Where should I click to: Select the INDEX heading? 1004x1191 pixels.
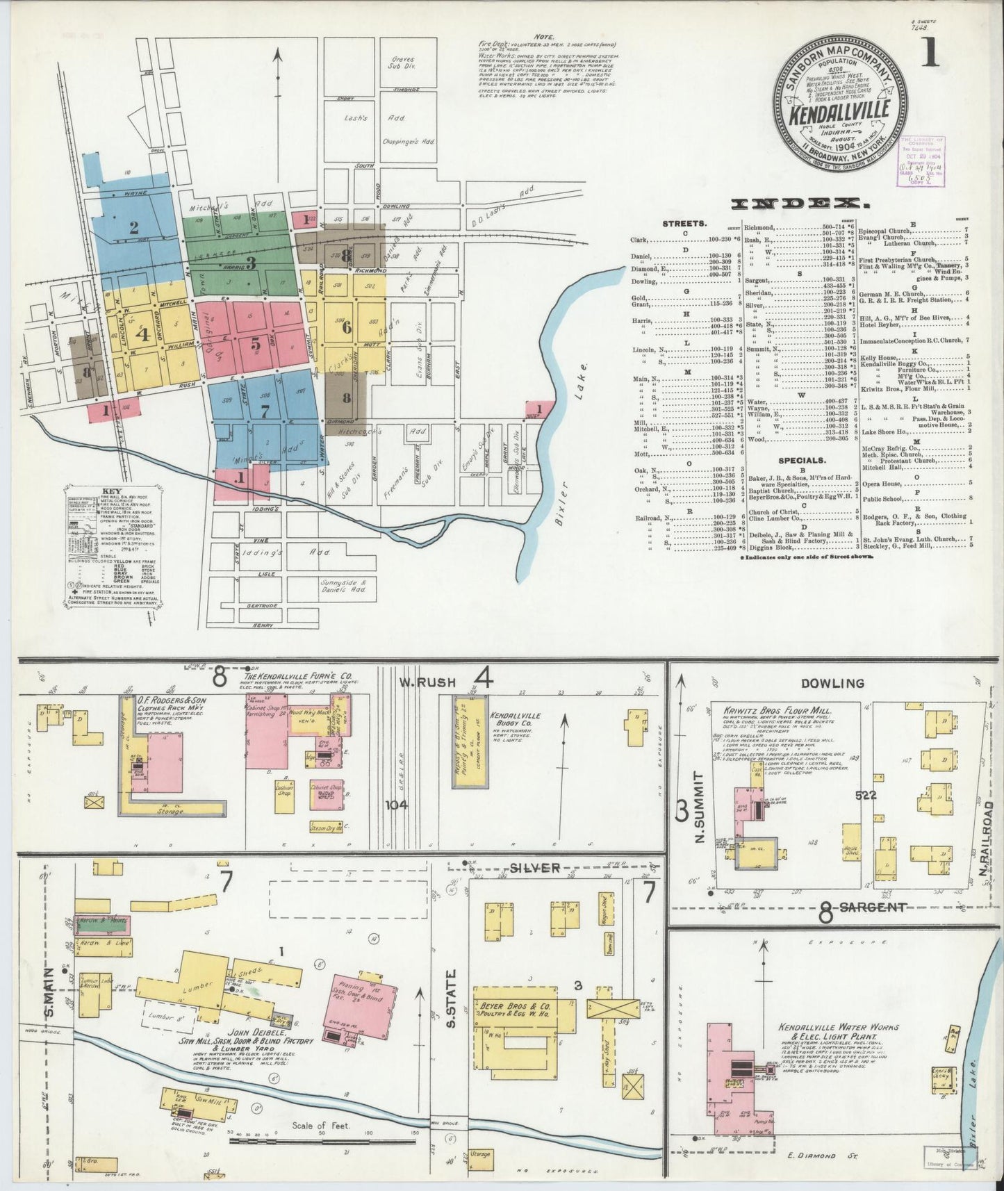coord(800,204)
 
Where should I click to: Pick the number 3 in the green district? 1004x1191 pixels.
coord(252,263)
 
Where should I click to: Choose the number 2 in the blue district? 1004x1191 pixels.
coord(133,227)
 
